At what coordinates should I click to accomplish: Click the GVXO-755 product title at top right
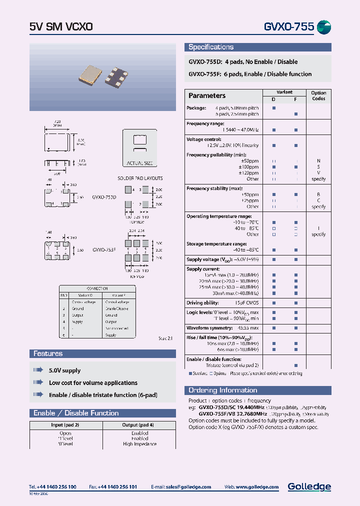click(288, 27)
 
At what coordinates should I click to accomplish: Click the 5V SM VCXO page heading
click(61, 27)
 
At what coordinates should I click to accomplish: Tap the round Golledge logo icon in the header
click(324, 27)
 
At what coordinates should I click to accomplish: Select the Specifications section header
click(211, 47)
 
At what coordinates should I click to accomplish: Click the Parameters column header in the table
click(207, 95)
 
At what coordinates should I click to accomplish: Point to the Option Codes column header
click(318, 95)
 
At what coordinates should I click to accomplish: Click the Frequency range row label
click(205, 123)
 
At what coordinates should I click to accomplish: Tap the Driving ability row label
click(202, 303)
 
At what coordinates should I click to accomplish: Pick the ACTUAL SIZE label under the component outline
click(140, 163)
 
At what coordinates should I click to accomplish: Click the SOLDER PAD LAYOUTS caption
click(140, 178)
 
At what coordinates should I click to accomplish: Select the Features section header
click(48, 353)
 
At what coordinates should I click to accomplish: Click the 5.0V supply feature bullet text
click(64, 370)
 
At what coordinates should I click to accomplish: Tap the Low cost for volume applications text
click(93, 383)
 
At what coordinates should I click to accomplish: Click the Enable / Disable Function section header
click(76, 413)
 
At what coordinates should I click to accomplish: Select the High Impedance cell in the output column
click(140, 444)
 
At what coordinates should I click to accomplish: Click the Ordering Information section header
click(222, 390)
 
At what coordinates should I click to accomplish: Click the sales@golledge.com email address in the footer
click(188, 487)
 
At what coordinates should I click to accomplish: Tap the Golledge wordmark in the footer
click(309, 486)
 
